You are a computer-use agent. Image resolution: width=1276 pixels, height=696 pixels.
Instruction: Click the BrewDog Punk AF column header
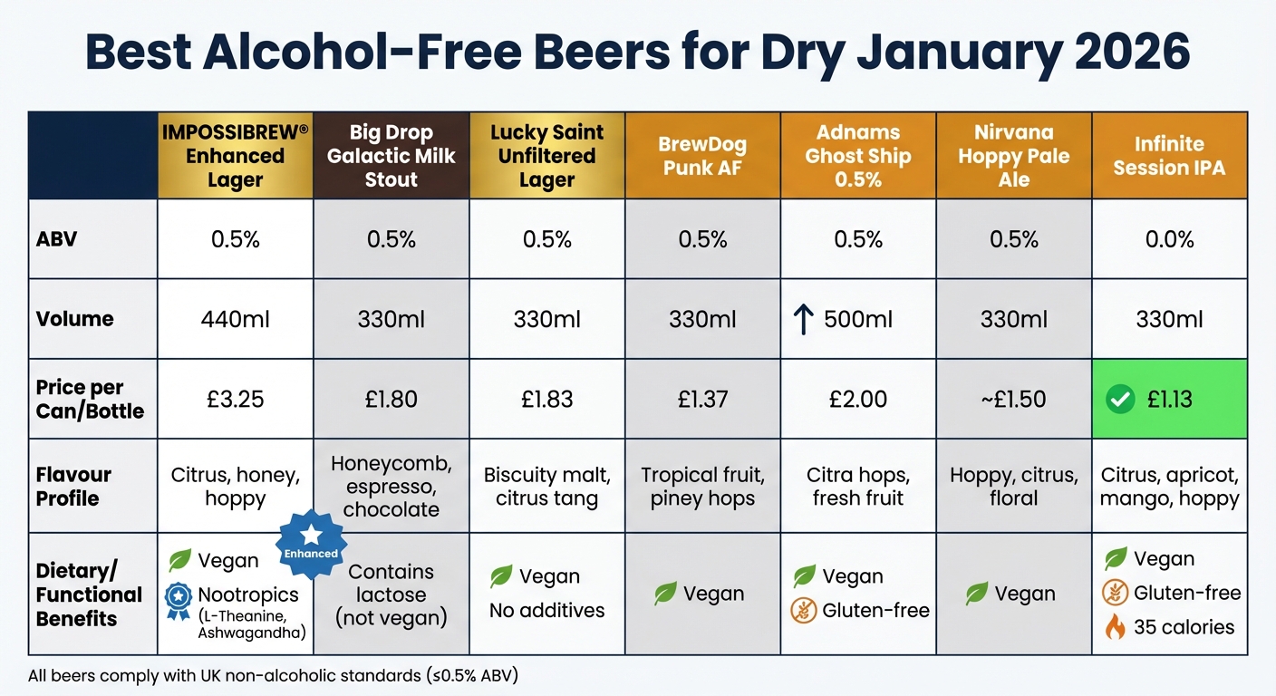702,155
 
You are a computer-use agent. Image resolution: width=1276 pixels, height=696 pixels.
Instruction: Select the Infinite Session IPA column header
1169,155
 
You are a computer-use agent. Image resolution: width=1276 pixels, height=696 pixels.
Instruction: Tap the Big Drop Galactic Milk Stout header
391,155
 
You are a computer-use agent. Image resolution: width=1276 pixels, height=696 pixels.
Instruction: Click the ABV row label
56,239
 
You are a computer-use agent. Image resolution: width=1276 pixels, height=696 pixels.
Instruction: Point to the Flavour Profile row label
74,486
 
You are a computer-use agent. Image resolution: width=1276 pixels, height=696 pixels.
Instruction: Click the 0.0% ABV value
1169,239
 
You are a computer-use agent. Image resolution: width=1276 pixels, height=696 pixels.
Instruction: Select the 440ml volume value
236,319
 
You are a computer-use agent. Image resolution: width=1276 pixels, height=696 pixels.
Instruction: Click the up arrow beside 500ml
803,320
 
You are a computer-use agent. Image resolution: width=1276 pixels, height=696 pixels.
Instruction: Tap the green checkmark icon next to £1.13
1120,399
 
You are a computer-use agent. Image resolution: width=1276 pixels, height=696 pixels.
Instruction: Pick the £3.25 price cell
236,399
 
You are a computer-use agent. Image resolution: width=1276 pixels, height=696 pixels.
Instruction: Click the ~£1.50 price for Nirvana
1013,399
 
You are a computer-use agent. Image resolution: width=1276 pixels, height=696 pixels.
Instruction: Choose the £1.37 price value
702,399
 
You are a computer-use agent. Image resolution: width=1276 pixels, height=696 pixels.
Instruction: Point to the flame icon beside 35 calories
1115,627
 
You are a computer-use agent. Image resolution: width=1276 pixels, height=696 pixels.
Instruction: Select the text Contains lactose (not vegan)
391,595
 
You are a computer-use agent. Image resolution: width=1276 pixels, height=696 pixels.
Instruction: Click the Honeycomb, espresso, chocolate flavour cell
391,486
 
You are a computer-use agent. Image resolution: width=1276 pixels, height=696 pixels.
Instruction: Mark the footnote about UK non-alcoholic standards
273,675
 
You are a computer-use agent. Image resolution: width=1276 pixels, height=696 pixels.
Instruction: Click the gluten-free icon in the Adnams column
804,611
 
